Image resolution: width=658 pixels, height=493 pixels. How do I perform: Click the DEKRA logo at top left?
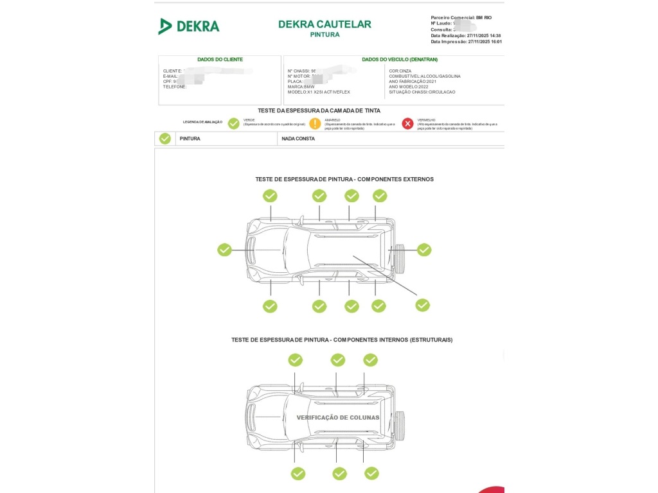click(x=189, y=26)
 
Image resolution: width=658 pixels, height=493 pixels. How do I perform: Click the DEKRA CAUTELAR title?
click(x=325, y=24)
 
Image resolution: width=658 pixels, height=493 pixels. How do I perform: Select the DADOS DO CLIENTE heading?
click(x=220, y=59)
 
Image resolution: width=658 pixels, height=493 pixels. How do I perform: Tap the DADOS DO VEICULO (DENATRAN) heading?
click(x=399, y=59)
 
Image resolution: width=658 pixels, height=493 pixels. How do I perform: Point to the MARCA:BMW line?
click(x=301, y=87)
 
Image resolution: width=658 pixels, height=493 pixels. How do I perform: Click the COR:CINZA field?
click(x=400, y=71)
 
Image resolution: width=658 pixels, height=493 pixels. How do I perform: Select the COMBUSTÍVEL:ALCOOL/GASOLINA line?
click(x=424, y=76)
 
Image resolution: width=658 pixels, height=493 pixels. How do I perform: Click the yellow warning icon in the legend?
click(x=315, y=124)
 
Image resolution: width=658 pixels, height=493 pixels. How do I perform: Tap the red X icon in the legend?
click(x=407, y=124)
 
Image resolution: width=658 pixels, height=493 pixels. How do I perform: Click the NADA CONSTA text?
click(x=298, y=139)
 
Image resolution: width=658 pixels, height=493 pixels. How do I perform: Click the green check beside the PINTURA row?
click(x=165, y=139)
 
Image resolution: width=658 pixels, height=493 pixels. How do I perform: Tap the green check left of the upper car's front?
click(x=224, y=250)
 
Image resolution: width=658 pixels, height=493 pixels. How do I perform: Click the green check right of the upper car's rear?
click(x=424, y=250)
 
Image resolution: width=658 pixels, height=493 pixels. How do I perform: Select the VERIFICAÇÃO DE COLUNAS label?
click(x=337, y=417)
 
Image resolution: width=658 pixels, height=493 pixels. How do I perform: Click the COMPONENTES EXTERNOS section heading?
click(x=344, y=179)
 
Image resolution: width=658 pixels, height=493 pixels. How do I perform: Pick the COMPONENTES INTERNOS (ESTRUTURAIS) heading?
click(x=342, y=340)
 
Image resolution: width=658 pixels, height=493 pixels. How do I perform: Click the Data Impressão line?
click(x=466, y=42)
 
